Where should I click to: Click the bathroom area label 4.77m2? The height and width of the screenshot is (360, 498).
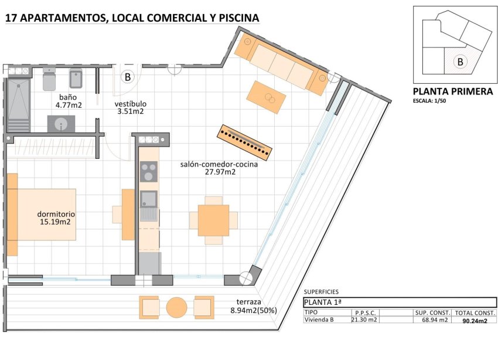pyautogui.click(x=69, y=106)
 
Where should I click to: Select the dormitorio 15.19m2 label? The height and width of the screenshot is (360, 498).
pyautogui.click(x=55, y=218)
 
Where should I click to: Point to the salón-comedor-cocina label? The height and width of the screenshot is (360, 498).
pyautogui.click(x=219, y=165)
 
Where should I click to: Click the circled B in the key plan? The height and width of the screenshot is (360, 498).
pyautogui.click(x=460, y=62)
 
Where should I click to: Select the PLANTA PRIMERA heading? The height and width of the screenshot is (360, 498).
pyautogui.click(x=453, y=91)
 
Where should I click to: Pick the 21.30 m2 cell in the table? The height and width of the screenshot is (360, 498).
pyautogui.click(x=363, y=320)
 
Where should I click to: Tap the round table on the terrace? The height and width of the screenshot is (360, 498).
pyautogui.click(x=176, y=307)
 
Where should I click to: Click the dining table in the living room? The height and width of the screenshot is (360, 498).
pyautogui.click(x=213, y=220)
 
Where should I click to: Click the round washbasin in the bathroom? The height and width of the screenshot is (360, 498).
pyautogui.click(x=61, y=124)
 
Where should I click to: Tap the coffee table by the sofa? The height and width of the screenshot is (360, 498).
pyautogui.click(x=267, y=97)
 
